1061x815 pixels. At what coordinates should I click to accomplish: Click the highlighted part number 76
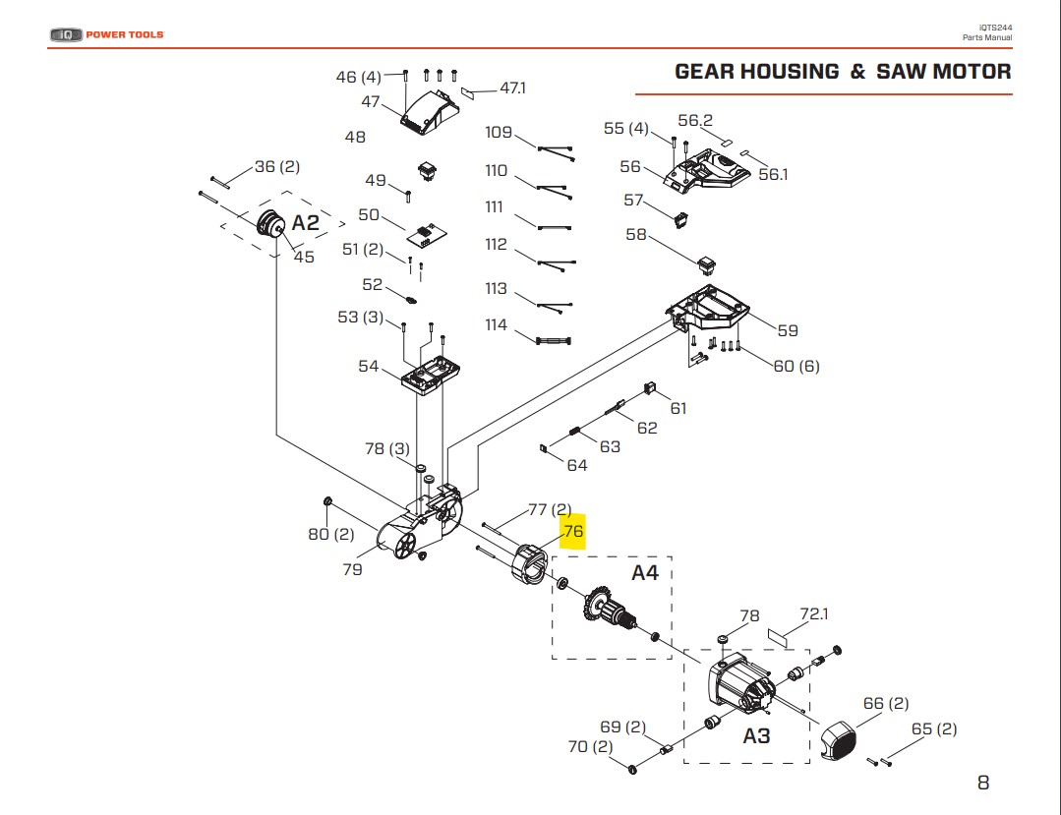[573, 531]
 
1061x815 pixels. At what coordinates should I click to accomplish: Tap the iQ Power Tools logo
[107, 34]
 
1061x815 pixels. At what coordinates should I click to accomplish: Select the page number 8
[983, 783]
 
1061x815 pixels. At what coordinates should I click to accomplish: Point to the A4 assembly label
[645, 573]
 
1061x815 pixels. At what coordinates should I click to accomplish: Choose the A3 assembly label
[756, 736]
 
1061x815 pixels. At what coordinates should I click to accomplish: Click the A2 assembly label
[305, 223]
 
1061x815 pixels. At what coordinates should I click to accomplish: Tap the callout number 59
[788, 330]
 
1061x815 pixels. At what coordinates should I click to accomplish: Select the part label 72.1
[814, 613]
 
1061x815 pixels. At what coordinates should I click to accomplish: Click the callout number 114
[496, 324]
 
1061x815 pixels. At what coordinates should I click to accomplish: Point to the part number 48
[355, 137]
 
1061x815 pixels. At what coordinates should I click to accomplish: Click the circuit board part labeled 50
[427, 234]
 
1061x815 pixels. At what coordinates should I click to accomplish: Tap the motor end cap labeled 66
[839, 740]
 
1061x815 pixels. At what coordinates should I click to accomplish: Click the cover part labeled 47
[429, 112]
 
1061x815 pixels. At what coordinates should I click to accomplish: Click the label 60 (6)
[796, 366]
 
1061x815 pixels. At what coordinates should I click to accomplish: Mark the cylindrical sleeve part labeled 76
[530, 563]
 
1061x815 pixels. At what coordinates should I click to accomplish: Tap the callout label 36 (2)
[276, 166]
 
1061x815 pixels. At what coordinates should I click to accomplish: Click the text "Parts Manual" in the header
[987, 38]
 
